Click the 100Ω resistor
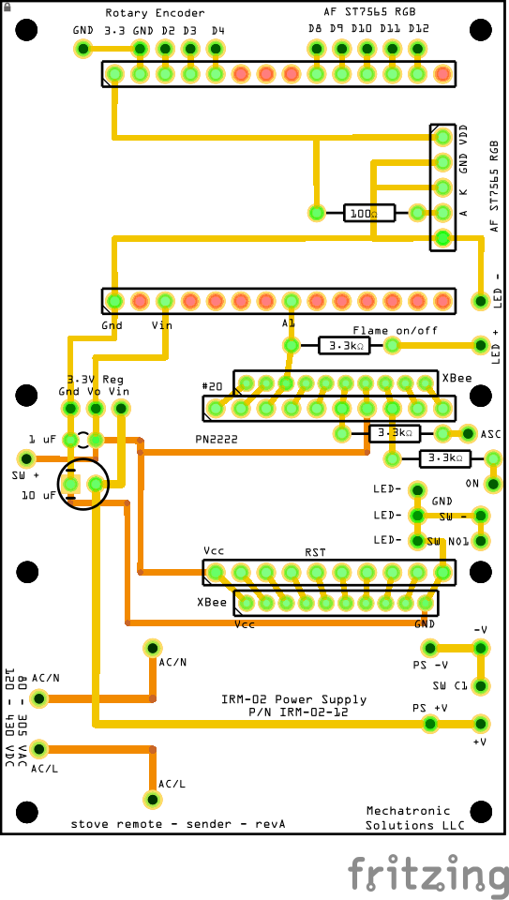click(369, 214)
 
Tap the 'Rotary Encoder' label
click(155, 12)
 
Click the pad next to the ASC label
click(469, 433)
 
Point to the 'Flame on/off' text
click(395, 331)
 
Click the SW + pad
click(26, 459)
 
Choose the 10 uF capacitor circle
click(83, 484)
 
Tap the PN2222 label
click(216, 439)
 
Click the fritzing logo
click(427, 873)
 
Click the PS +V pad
click(429, 724)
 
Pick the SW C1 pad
click(481, 686)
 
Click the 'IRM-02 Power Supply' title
click(293, 699)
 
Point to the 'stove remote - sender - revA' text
click(178, 824)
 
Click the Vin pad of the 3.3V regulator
click(121, 409)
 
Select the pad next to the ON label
click(492, 484)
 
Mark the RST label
click(315, 553)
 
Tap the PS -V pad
click(429, 649)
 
